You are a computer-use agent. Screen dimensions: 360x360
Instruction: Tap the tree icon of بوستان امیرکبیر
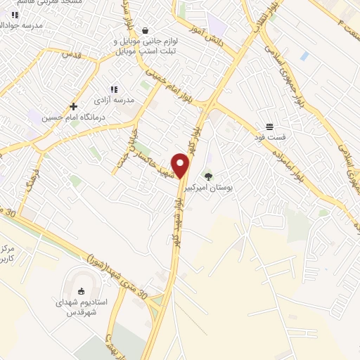tap(207, 176)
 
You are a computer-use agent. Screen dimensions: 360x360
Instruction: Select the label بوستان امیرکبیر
tap(207, 188)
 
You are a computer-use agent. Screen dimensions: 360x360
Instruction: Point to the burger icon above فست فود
tap(270, 127)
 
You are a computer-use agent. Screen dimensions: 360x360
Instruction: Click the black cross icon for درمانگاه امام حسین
tap(73, 106)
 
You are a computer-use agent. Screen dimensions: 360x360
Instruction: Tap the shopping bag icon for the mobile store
tap(144, 31)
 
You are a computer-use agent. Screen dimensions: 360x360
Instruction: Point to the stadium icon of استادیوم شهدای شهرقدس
tap(81, 291)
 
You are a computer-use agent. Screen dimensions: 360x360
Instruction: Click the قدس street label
tap(72, 53)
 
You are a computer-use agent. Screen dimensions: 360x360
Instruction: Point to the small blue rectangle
tap(304, 55)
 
